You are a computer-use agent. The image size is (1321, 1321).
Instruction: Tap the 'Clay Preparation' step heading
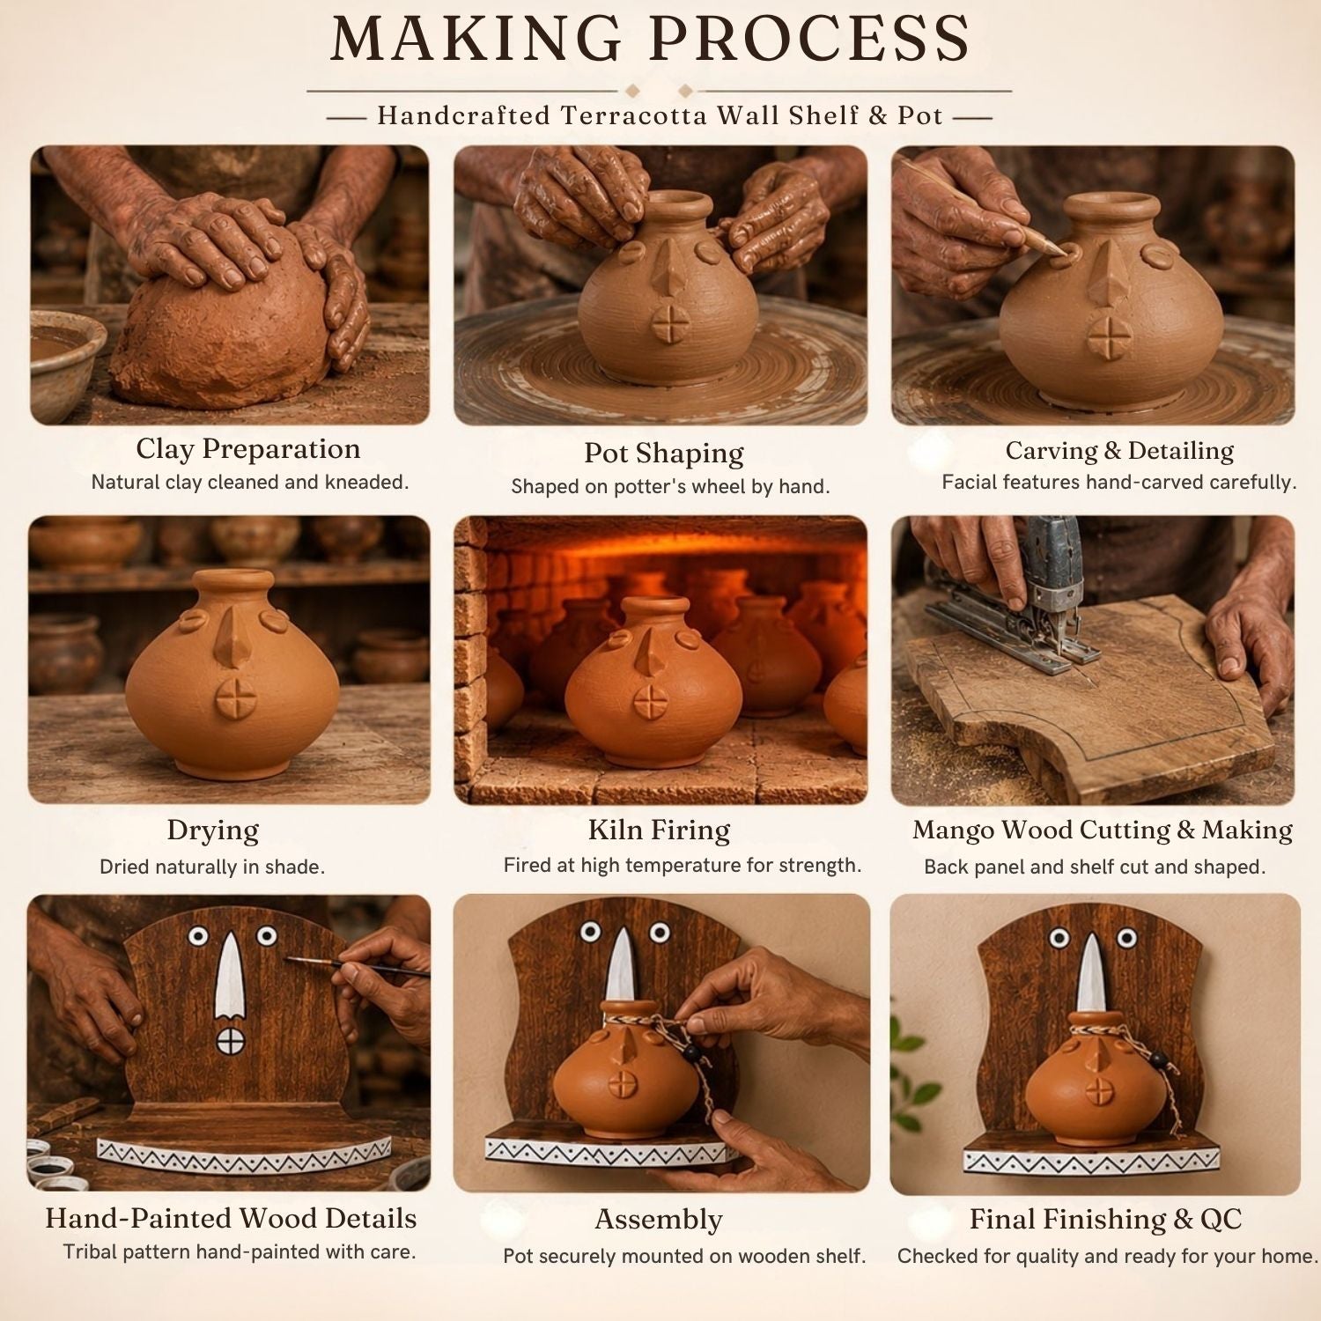coord(248,449)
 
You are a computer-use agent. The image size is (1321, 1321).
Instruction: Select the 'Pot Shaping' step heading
coord(664,454)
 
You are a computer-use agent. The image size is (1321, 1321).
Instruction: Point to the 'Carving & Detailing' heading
coord(1119,451)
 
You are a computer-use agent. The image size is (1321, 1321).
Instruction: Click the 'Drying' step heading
coord(213,830)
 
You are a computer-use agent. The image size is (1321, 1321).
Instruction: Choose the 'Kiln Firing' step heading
coord(660,830)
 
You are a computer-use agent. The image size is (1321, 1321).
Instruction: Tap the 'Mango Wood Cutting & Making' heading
coord(1103,830)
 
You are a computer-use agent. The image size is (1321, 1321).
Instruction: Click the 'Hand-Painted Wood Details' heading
coord(231,1219)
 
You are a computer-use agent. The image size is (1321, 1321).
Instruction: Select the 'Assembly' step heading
coord(659,1220)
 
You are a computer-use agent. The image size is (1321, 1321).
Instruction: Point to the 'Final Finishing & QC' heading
coord(1106,1220)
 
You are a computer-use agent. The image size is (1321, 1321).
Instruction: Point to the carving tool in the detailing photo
coord(1000,208)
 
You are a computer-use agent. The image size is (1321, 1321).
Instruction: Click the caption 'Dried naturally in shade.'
coord(212,867)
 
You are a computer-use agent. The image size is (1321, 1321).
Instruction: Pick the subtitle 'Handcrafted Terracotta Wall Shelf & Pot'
coord(660,115)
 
